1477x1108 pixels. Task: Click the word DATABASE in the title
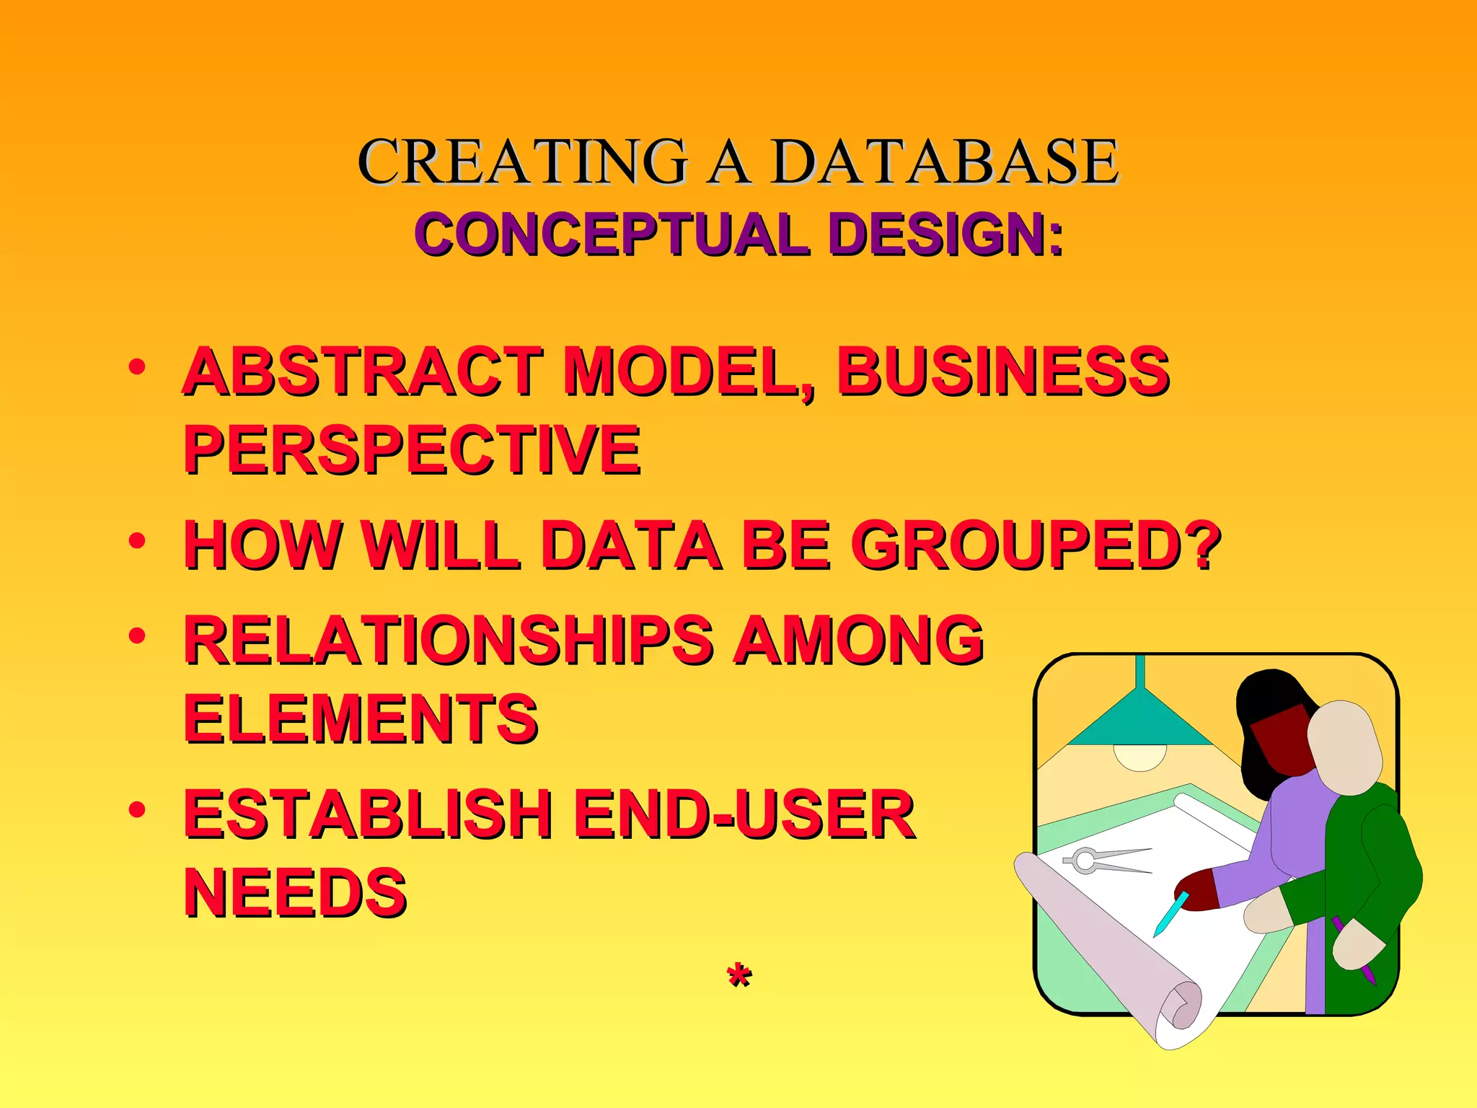click(945, 162)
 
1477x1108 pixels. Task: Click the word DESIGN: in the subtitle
click(945, 234)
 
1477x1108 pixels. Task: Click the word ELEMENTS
click(361, 718)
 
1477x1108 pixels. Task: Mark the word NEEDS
click(296, 893)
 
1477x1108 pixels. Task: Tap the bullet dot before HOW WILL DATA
click(137, 540)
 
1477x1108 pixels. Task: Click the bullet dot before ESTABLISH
click(137, 809)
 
